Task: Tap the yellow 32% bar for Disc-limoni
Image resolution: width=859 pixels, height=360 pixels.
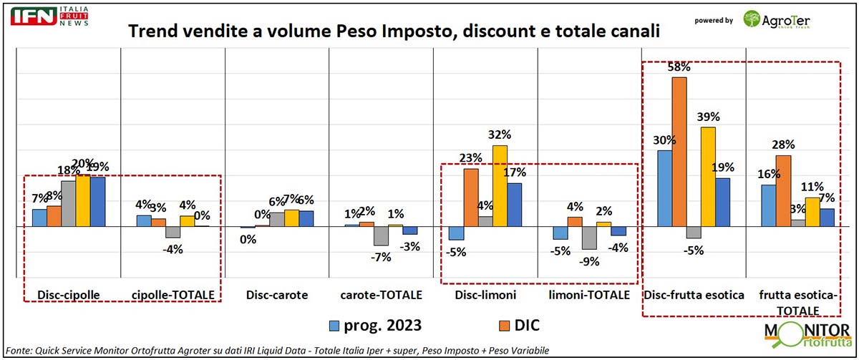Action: tap(499, 185)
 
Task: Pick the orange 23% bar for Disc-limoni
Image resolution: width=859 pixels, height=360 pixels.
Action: tap(470, 197)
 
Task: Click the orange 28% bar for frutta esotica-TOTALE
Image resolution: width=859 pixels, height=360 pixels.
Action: tap(784, 190)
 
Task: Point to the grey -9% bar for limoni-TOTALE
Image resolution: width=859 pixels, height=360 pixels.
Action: tap(589, 238)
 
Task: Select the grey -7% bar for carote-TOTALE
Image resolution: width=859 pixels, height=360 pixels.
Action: tap(380, 235)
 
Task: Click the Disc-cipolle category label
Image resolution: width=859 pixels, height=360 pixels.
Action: tap(70, 294)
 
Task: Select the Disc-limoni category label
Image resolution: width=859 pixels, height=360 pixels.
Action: tap(485, 294)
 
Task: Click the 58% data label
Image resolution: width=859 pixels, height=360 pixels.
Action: tap(679, 67)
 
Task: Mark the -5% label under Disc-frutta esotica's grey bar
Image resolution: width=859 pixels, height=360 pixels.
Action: tap(694, 250)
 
